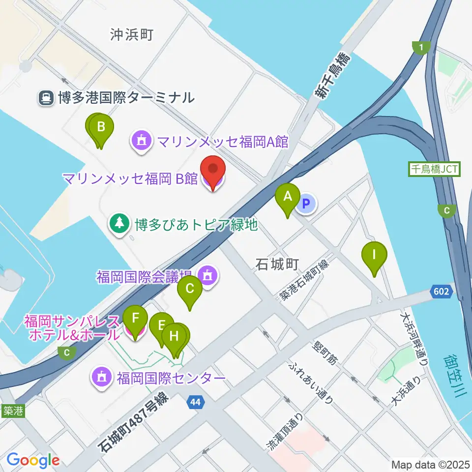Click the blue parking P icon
tap(306, 203)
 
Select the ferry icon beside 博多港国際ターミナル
tap(45, 98)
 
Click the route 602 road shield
tap(441, 292)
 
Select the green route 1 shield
tap(421, 47)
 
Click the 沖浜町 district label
tap(132, 34)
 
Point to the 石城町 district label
tap(277, 265)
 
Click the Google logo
tap(33, 460)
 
